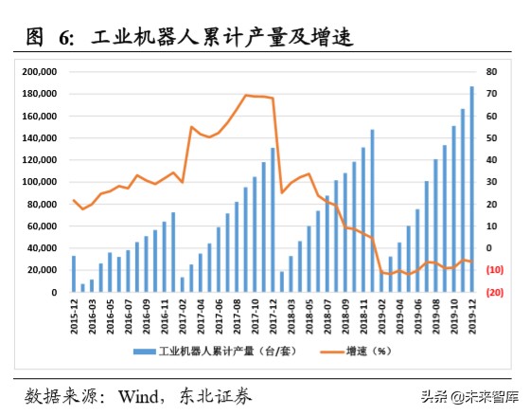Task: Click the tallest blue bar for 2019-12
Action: pyautogui.click(x=471, y=189)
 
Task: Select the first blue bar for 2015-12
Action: pyautogui.click(x=74, y=274)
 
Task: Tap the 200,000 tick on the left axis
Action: pyautogui.click(x=42, y=72)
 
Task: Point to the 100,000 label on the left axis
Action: pyautogui.click(x=42, y=182)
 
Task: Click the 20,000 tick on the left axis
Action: pyautogui.click(x=44, y=270)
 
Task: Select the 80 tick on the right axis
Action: pyautogui.click(x=491, y=72)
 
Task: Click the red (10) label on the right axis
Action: pyautogui.click(x=494, y=270)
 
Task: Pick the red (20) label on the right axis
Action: pyautogui.click(x=494, y=292)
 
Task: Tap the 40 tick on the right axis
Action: pyautogui.click(x=491, y=160)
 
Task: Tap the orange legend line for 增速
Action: pyautogui.click(x=328, y=351)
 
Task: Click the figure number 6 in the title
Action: pyautogui.click(x=65, y=38)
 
